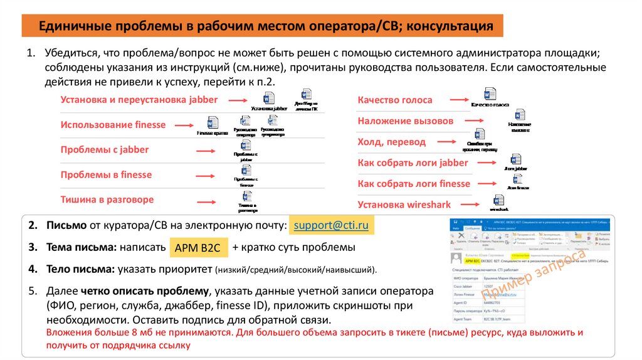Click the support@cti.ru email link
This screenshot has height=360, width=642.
[330, 225]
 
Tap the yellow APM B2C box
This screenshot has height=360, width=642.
[197, 248]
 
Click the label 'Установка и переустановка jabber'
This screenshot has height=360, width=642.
[139, 99]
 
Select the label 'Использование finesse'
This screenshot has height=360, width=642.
[113, 124]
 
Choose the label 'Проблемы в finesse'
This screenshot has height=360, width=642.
[106, 174]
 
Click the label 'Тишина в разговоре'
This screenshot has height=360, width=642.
[107, 199]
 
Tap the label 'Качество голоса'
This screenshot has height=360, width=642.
[394, 100]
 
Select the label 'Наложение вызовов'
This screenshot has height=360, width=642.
[405, 120]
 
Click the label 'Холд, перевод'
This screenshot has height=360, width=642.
[391, 142]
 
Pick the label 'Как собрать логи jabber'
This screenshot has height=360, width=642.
[413, 162]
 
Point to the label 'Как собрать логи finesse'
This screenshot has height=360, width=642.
[413, 184]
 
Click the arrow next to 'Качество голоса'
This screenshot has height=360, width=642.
[455, 99]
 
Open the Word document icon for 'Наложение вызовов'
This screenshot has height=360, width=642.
[520, 115]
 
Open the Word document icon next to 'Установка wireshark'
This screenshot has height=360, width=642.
[498, 200]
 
